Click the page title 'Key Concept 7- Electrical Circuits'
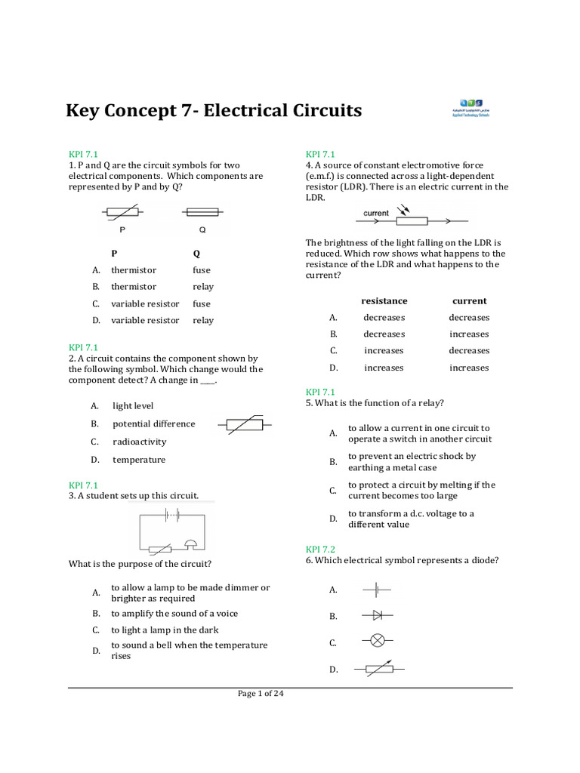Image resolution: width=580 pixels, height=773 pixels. click(214, 111)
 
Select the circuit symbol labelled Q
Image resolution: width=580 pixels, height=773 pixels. click(202, 213)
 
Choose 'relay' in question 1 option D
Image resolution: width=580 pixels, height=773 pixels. click(202, 320)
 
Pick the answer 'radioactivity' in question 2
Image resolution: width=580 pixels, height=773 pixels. click(139, 442)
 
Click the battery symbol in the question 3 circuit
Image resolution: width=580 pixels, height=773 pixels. click(171, 516)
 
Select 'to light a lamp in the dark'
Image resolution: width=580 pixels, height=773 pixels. click(165, 630)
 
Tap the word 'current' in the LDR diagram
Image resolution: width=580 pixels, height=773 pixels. click(376, 213)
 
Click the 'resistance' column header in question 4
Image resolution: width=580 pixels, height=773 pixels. click(384, 300)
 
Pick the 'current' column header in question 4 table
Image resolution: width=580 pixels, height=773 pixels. click(469, 300)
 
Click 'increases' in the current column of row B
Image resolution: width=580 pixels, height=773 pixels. click(469, 334)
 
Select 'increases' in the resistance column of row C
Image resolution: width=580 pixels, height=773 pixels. click(384, 350)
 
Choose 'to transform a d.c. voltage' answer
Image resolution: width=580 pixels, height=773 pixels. click(411, 519)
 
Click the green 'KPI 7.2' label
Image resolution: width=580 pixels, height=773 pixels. click(320, 549)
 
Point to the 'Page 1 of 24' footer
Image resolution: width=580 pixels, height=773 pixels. click(261, 694)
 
